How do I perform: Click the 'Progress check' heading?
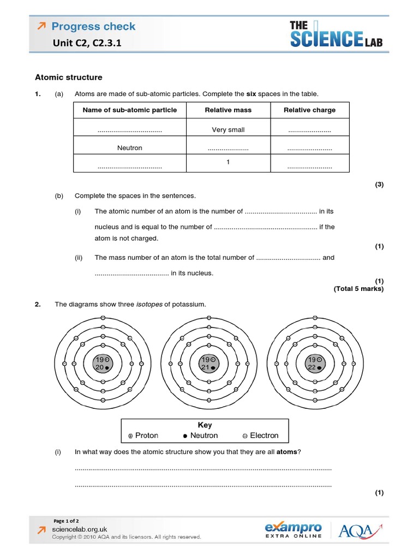[x=93, y=26]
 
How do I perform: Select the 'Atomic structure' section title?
[x=68, y=78]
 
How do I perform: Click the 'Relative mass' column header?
[x=228, y=110]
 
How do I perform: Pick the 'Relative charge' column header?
[x=309, y=110]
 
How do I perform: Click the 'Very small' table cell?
[x=228, y=130]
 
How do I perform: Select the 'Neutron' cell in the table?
[x=129, y=148]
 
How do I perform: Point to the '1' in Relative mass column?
[x=228, y=162]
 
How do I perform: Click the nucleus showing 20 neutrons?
[x=102, y=364]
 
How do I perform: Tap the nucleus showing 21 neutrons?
[x=209, y=364]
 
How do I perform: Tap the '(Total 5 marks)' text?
[x=358, y=289]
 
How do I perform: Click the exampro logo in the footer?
[x=293, y=530]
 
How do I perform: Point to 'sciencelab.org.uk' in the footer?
[x=80, y=530]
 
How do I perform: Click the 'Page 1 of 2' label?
[x=66, y=521]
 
